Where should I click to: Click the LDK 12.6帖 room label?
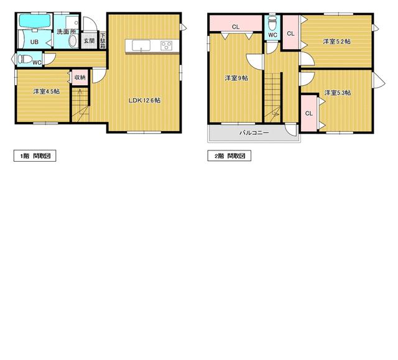[x=144, y=100]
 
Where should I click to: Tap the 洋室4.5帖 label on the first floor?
[x=47, y=91]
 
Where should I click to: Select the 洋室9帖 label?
[x=236, y=78]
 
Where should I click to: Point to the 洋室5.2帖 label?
[x=337, y=42]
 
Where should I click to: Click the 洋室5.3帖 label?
[x=338, y=93]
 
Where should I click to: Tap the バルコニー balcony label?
[x=254, y=132]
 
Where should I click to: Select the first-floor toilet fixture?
[x=25, y=59]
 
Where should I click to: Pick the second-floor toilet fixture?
[x=272, y=23]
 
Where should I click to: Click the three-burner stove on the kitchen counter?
[x=166, y=45]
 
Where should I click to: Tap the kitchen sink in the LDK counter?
[x=141, y=45]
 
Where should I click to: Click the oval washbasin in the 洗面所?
[x=73, y=42]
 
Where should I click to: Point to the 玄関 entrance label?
[x=89, y=40]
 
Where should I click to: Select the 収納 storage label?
[x=80, y=77]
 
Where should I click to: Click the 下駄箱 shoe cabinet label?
[x=103, y=40]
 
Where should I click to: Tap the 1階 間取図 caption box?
[x=35, y=156]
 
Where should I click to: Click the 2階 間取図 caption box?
[x=229, y=156]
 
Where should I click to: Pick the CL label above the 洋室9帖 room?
[x=236, y=27]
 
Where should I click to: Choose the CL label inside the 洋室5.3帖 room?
[x=308, y=113]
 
